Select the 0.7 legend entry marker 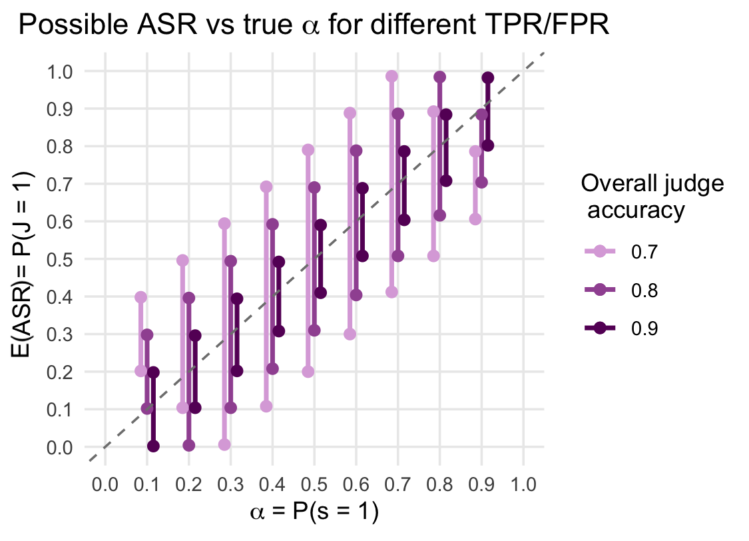(x=600, y=251)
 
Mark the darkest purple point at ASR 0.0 (x=153, y=446)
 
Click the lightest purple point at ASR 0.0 (x=224, y=444)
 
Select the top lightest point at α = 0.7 (x=391, y=77)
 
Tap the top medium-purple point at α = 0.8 (x=439, y=77)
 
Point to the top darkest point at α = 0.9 (x=488, y=78)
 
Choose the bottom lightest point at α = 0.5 (x=308, y=371)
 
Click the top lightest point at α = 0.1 (x=140, y=297)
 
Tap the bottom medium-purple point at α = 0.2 (x=188, y=445)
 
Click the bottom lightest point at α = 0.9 (x=475, y=219)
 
